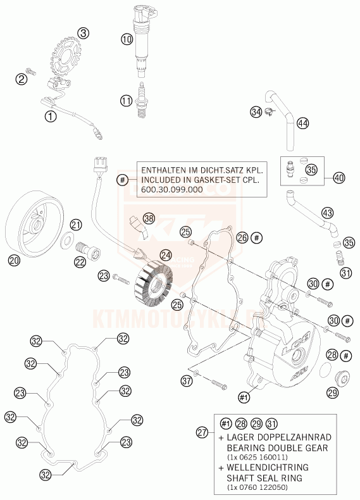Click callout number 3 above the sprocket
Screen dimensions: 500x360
coord(84,33)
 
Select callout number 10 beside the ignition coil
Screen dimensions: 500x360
coord(127,39)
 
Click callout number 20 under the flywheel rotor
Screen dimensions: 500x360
coord(13,259)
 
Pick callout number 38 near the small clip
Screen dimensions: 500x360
coord(149,218)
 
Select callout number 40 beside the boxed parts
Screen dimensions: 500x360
coord(339,178)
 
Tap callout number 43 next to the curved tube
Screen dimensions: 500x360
coord(326,213)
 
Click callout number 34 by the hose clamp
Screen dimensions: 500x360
coord(256,112)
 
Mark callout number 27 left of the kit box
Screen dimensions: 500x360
coord(202,433)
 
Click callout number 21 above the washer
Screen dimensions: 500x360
coord(76,225)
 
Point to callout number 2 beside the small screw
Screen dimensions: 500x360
coord(22,79)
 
